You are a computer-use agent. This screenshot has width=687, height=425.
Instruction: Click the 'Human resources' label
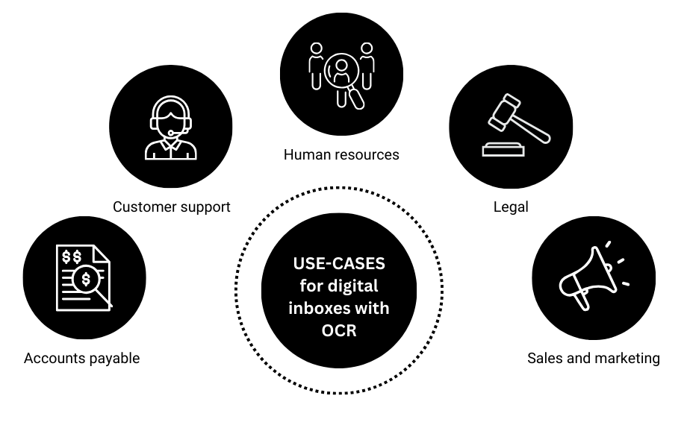click(x=341, y=155)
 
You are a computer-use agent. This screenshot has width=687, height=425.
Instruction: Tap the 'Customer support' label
click(x=171, y=207)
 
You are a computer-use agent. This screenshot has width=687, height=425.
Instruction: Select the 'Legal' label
click(x=511, y=207)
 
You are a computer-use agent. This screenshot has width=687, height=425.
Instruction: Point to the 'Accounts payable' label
click(x=81, y=358)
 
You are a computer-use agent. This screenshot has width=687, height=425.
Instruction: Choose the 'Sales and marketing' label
click(x=593, y=358)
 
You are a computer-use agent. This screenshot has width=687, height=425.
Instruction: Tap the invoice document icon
click(x=82, y=278)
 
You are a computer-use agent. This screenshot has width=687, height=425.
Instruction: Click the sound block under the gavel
click(x=503, y=150)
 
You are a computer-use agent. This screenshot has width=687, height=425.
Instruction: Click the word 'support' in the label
click(x=205, y=207)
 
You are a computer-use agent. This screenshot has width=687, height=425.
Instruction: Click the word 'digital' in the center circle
click(x=352, y=286)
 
